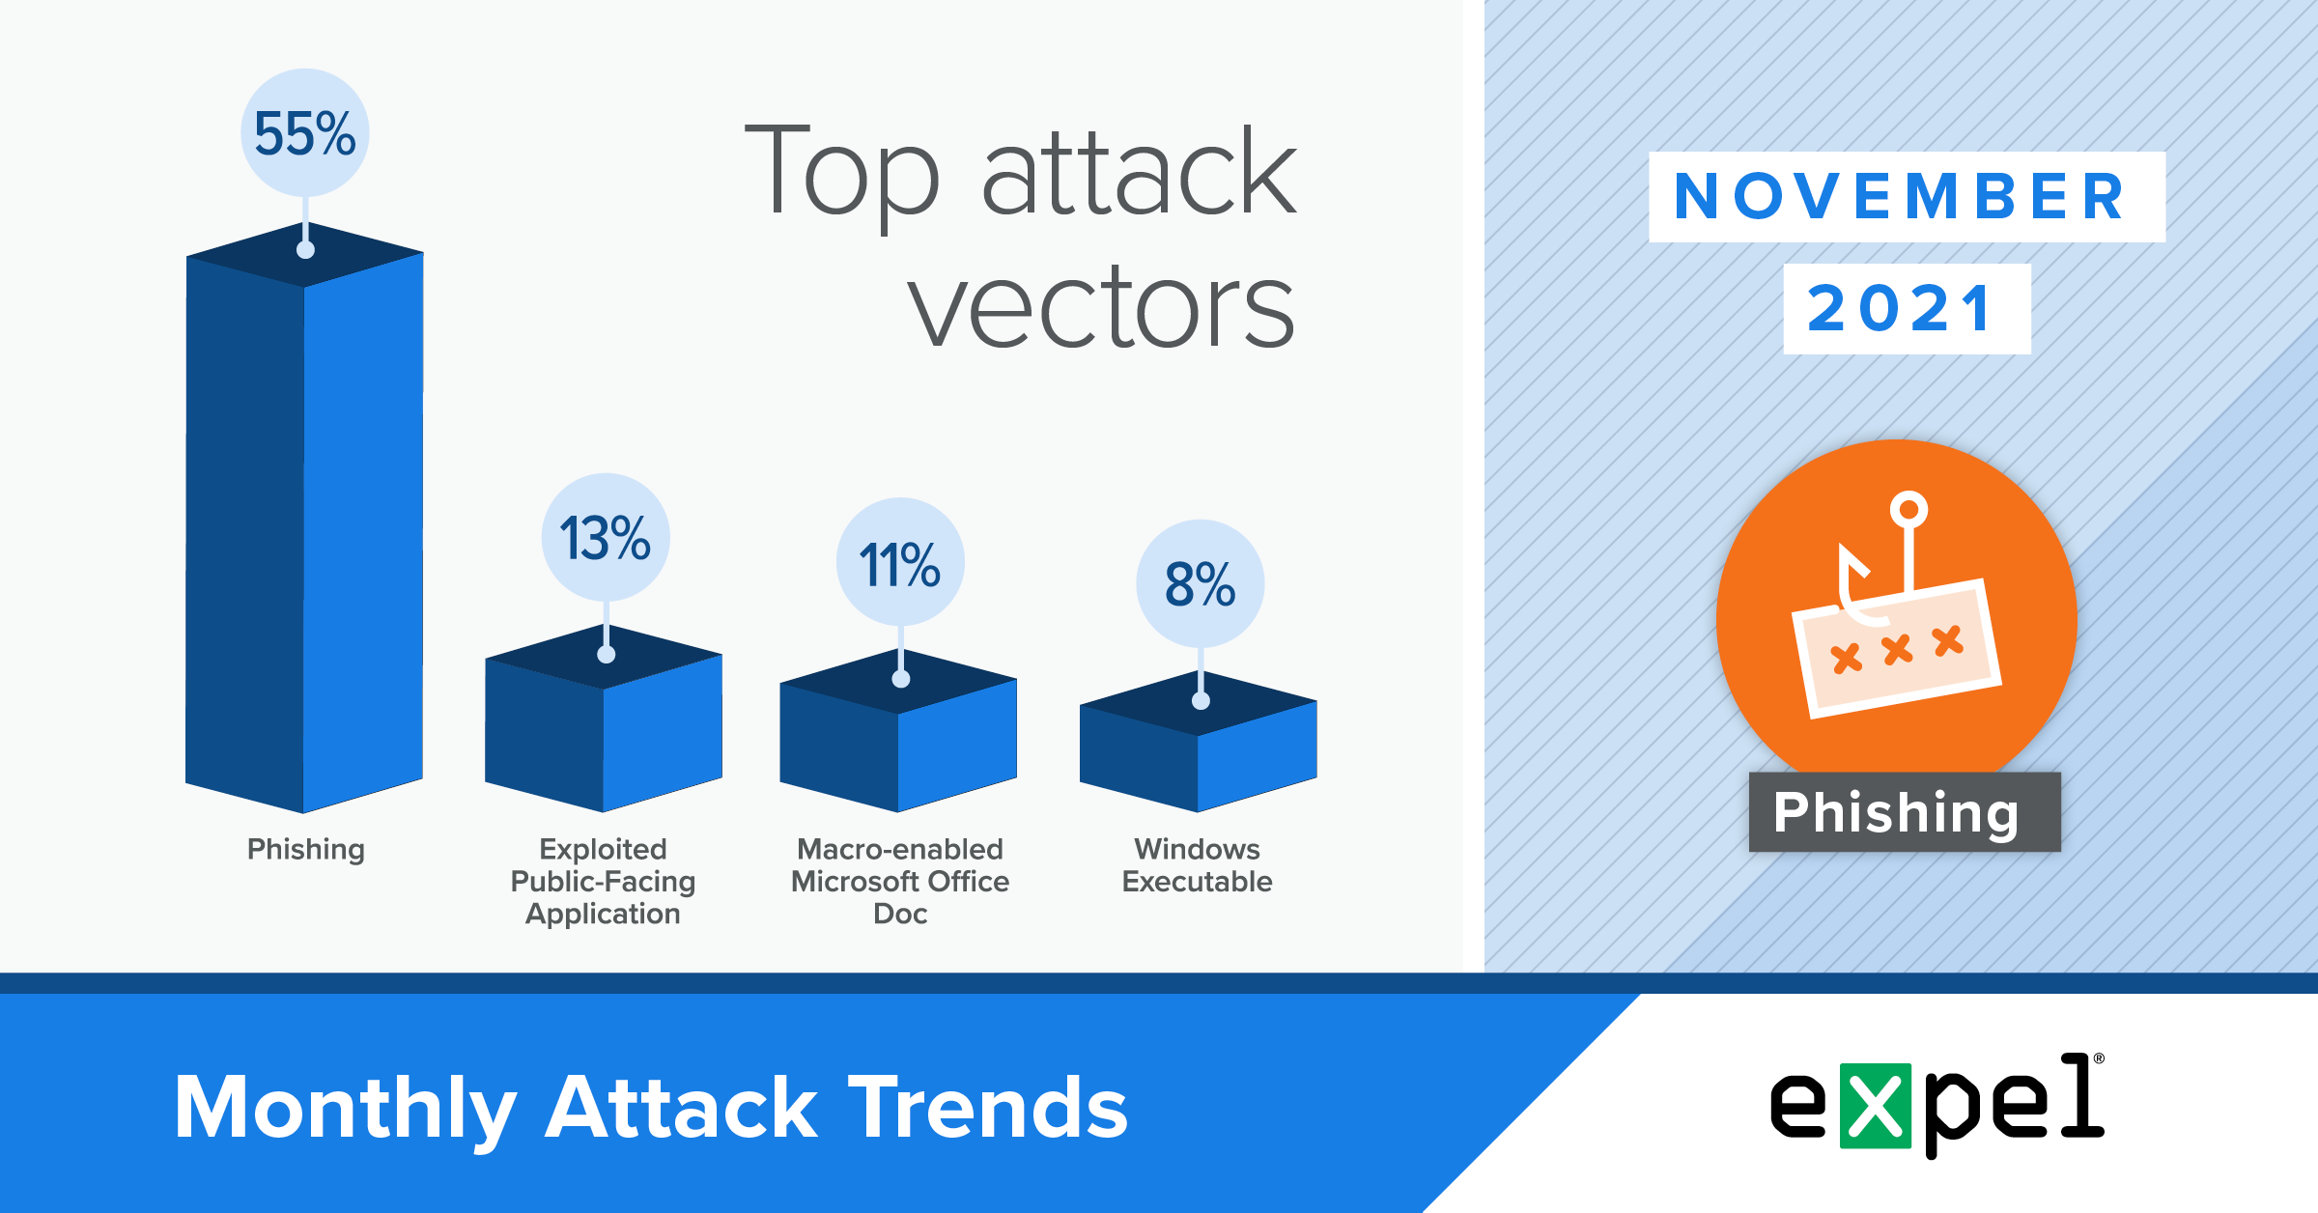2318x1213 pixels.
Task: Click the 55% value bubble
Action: coord(305,132)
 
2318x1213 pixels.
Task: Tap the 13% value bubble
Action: coord(606,537)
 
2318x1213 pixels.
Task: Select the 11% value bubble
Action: coord(900,562)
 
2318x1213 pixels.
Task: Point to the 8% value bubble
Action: coord(1201,583)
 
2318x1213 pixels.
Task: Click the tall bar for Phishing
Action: coord(304,518)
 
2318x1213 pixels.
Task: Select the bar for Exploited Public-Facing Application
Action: coord(604,719)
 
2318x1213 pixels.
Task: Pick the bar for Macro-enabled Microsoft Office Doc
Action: coord(898,730)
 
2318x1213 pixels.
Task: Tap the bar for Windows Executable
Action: coord(1199,742)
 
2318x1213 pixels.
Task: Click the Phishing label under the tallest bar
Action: coord(306,850)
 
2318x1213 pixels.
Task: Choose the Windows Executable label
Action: coord(1198,865)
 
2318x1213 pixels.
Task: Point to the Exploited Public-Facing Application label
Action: coord(604,881)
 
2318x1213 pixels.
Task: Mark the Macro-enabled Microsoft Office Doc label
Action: coord(900,881)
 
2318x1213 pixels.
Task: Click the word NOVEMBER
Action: coord(1900,196)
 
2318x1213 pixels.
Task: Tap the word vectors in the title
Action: coord(1101,307)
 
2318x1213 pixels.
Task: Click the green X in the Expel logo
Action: coord(1876,1106)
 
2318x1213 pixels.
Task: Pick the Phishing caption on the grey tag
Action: coord(1897,812)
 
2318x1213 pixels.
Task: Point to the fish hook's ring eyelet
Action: coord(1908,509)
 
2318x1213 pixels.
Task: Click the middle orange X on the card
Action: coord(1897,650)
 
